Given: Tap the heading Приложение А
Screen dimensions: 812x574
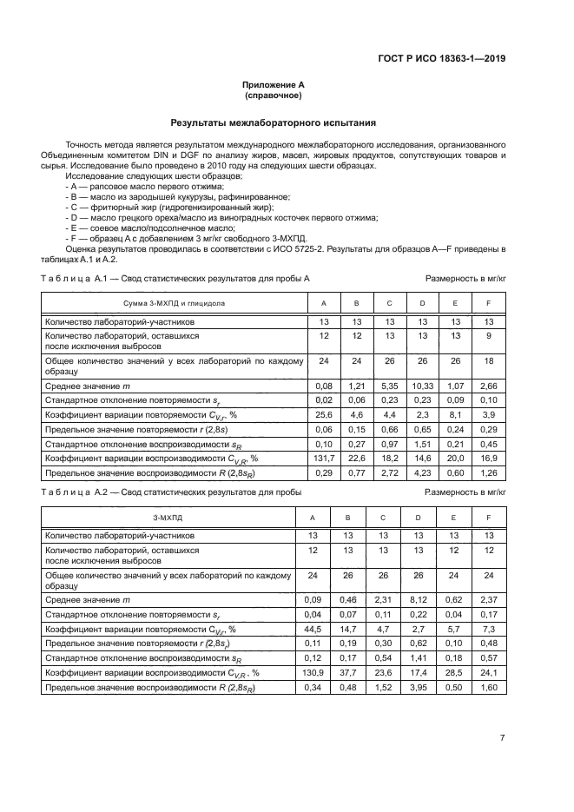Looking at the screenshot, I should [274, 85].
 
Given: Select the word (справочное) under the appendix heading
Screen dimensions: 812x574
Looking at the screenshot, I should [274, 96].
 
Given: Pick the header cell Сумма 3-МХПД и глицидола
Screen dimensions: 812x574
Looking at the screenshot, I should [174, 302].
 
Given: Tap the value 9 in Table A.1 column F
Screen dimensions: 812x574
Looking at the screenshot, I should [488, 335].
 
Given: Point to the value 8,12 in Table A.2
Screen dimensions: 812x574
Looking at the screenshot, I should [422, 598].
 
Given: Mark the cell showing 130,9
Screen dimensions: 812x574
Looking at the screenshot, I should [324, 672].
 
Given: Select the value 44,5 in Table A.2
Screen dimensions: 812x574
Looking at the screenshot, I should [324, 628].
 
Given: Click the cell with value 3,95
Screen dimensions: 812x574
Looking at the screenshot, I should [422, 687].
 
